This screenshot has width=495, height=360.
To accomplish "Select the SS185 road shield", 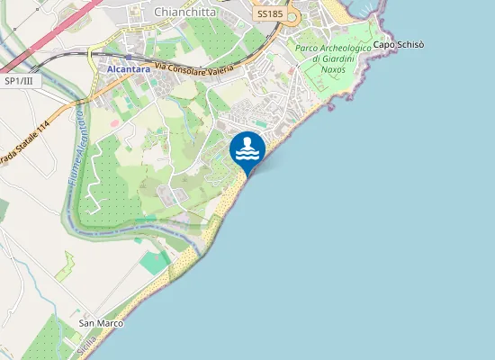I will click(x=270, y=14).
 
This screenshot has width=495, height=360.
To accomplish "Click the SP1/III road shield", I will click(x=19, y=81).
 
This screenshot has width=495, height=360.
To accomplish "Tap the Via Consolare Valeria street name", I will click(x=194, y=67).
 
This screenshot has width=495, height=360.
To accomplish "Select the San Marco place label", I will click(x=100, y=322).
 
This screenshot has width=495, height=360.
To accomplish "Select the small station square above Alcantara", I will click(x=127, y=57).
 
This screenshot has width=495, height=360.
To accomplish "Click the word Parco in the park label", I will click(x=307, y=48).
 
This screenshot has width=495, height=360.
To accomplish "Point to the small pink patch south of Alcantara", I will click(x=115, y=121).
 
